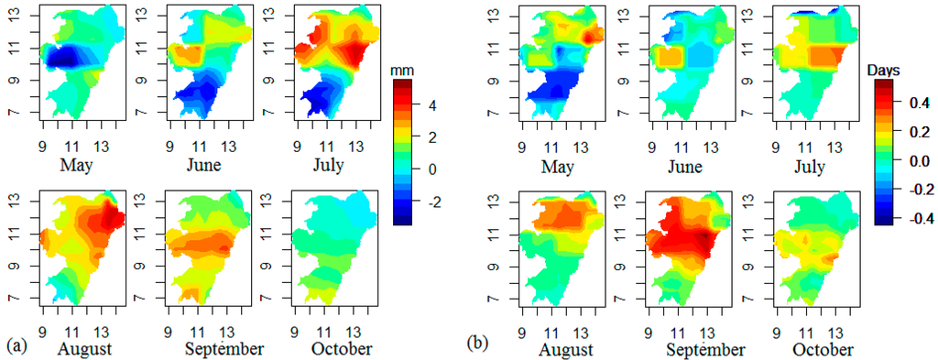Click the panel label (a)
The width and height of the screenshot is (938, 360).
pos(15,347)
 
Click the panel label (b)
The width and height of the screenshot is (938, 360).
pos(475,347)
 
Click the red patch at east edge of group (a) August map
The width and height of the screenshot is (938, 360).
pos(115,218)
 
